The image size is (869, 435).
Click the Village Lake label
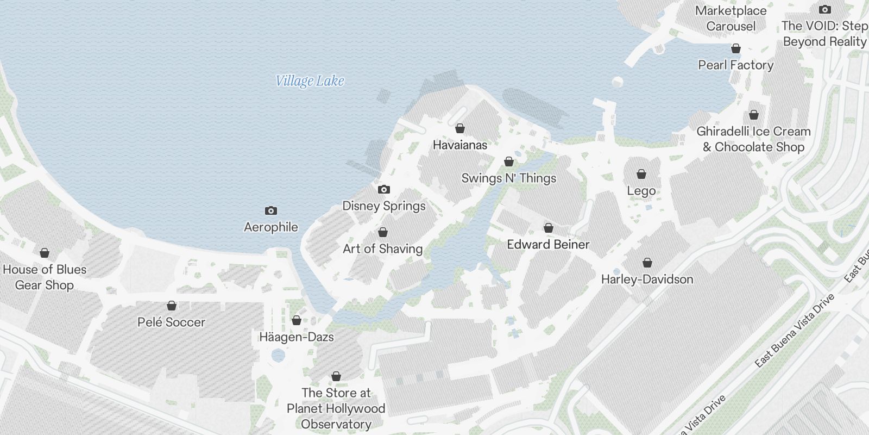310,81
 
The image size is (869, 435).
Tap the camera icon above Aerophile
270,210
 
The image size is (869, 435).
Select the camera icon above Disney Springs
384,189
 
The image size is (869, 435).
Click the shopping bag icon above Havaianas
460,128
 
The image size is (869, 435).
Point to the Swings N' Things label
509,178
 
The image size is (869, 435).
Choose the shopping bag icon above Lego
641,174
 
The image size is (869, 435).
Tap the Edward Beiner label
548,244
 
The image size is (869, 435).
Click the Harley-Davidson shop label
647,279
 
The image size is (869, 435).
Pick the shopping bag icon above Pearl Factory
736,48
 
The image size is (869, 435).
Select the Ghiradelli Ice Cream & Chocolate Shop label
753,139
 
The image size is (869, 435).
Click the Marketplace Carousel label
731,18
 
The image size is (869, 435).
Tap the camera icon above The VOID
824,9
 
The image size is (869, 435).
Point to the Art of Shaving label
382,248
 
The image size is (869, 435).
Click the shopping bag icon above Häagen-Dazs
297,320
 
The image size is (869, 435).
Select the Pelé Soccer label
171,322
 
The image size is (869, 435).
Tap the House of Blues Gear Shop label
45,277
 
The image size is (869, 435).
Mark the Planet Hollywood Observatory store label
336,408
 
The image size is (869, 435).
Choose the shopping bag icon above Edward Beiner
549,227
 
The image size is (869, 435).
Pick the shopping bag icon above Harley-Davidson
647,263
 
